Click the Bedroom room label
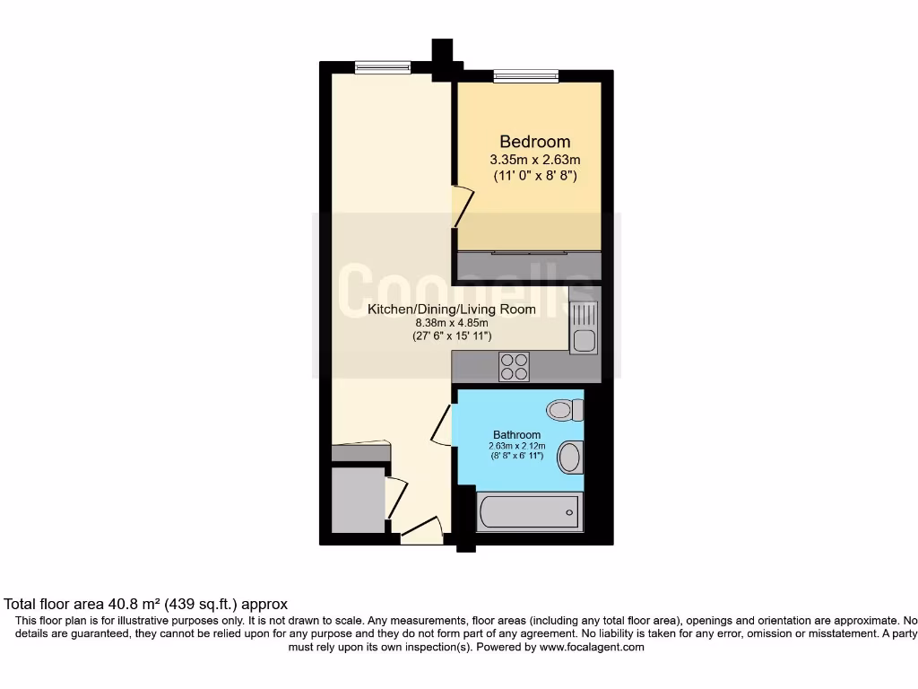tap(534, 142)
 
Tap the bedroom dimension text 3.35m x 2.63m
tap(534, 160)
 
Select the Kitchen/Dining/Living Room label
tap(452, 310)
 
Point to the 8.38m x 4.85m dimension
tap(451, 323)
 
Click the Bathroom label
tap(516, 435)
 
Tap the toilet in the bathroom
tap(565, 410)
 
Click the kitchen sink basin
tap(584, 340)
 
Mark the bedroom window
tap(525, 76)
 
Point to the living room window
tap(383, 66)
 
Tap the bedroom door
tap(460, 205)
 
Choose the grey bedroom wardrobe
tap(528, 266)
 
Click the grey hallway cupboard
tap(358, 498)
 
